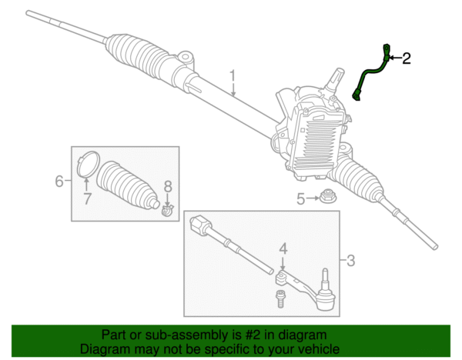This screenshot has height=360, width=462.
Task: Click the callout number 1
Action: (232, 76)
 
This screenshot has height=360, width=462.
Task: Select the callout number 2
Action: (406, 58)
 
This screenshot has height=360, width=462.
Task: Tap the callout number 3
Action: (350, 261)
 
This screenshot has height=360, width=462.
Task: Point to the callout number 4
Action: (283, 248)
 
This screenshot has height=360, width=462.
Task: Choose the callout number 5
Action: (300, 199)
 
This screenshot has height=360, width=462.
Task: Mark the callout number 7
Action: (87, 198)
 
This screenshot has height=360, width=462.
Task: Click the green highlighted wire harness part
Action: (370, 77)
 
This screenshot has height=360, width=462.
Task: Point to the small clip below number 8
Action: (167, 209)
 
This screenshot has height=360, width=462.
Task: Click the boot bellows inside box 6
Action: (130, 185)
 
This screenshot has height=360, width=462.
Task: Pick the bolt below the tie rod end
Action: (280, 298)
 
